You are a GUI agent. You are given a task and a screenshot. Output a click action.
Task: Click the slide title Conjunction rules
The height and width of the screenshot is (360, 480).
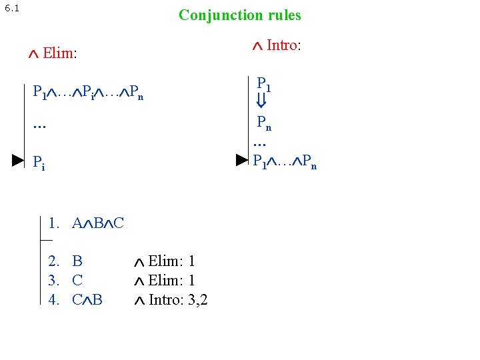239,15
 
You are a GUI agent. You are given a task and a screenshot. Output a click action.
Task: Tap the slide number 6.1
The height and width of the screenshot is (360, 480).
12,9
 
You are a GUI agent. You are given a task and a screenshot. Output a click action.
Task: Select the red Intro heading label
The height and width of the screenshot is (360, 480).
283,45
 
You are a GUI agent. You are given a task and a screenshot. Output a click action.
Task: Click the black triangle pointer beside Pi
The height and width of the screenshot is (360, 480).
18,160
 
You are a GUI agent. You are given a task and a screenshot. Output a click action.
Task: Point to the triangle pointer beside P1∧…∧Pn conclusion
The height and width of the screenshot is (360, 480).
241,160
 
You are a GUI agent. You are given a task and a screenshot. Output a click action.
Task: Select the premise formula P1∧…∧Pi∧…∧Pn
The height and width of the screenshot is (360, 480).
87,91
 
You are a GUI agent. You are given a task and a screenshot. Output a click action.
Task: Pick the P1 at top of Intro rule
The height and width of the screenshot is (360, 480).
264,83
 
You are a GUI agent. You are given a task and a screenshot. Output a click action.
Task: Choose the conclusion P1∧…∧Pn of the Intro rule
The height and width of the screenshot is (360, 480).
285,161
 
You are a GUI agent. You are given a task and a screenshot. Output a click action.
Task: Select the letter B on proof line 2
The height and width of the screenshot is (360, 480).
77,261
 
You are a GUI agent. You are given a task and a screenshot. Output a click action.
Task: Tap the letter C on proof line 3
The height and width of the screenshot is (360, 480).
77,280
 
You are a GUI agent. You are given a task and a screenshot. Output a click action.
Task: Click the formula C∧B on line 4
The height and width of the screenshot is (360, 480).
87,299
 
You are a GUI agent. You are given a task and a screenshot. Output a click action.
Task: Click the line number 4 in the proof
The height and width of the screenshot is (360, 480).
53,299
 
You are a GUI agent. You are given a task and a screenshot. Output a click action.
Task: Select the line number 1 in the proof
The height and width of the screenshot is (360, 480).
53,223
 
